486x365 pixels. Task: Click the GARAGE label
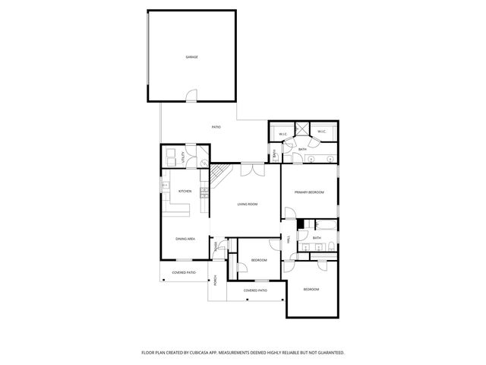[191, 57]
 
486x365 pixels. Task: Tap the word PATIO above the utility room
[216, 126]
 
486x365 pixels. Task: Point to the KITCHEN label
[185, 191]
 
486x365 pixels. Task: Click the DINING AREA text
[186, 239]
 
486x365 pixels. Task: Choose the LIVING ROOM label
[248, 204]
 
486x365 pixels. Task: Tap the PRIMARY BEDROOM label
[309, 192]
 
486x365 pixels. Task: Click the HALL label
[289, 240]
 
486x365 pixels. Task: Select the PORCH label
[215, 281]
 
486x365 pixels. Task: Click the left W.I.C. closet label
[282, 134]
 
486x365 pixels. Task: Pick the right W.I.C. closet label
[321, 132]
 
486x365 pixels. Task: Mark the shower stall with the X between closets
[302, 129]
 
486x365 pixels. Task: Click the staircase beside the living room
[219, 177]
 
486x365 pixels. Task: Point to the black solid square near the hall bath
[301, 224]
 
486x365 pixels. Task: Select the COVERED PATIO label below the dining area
[184, 271]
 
